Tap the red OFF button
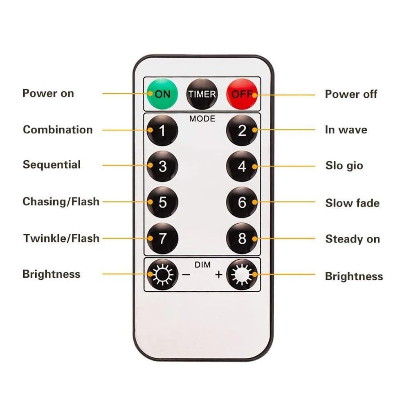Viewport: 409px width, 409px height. pyautogui.click(x=243, y=94)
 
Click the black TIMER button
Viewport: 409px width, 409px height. pyautogui.click(x=202, y=94)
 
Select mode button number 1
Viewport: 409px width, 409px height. pyautogui.click(x=162, y=131)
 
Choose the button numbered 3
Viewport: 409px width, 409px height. pyautogui.click(x=162, y=166)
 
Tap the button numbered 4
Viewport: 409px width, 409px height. pyautogui.click(x=242, y=166)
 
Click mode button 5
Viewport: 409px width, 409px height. pyautogui.click(x=162, y=202)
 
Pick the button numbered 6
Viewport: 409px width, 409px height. pyautogui.click(x=242, y=202)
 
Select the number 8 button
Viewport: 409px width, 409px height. pyautogui.click(x=242, y=238)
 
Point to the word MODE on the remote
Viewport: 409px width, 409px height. pyautogui.click(x=202, y=119)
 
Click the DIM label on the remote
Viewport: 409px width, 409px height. pyautogui.click(x=202, y=265)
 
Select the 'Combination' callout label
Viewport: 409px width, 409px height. pyautogui.click(x=58, y=130)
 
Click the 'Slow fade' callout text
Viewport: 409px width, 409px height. pyautogui.click(x=352, y=203)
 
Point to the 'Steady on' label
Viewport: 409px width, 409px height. pyautogui.click(x=353, y=239)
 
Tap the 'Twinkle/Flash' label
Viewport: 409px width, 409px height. pyautogui.click(x=61, y=238)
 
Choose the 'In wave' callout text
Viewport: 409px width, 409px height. pyautogui.click(x=346, y=130)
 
